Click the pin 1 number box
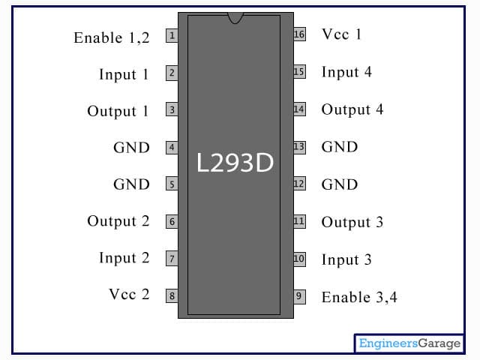click(x=172, y=35)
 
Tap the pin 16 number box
click(x=299, y=34)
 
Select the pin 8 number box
click(x=172, y=295)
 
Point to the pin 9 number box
click(x=299, y=295)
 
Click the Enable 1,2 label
click(x=112, y=37)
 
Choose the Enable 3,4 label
click(x=359, y=297)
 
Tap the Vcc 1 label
click(x=342, y=34)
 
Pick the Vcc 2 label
click(x=129, y=294)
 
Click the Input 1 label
click(x=124, y=74)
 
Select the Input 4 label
click(x=346, y=72)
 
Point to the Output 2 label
click(x=118, y=221)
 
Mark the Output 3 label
click(x=352, y=222)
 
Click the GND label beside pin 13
click(x=340, y=147)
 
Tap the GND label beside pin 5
click(x=131, y=184)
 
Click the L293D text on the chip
click(x=235, y=163)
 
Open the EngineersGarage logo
click(x=409, y=343)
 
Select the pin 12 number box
click(x=299, y=184)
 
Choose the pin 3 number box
click(x=172, y=110)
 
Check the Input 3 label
click(x=346, y=259)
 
